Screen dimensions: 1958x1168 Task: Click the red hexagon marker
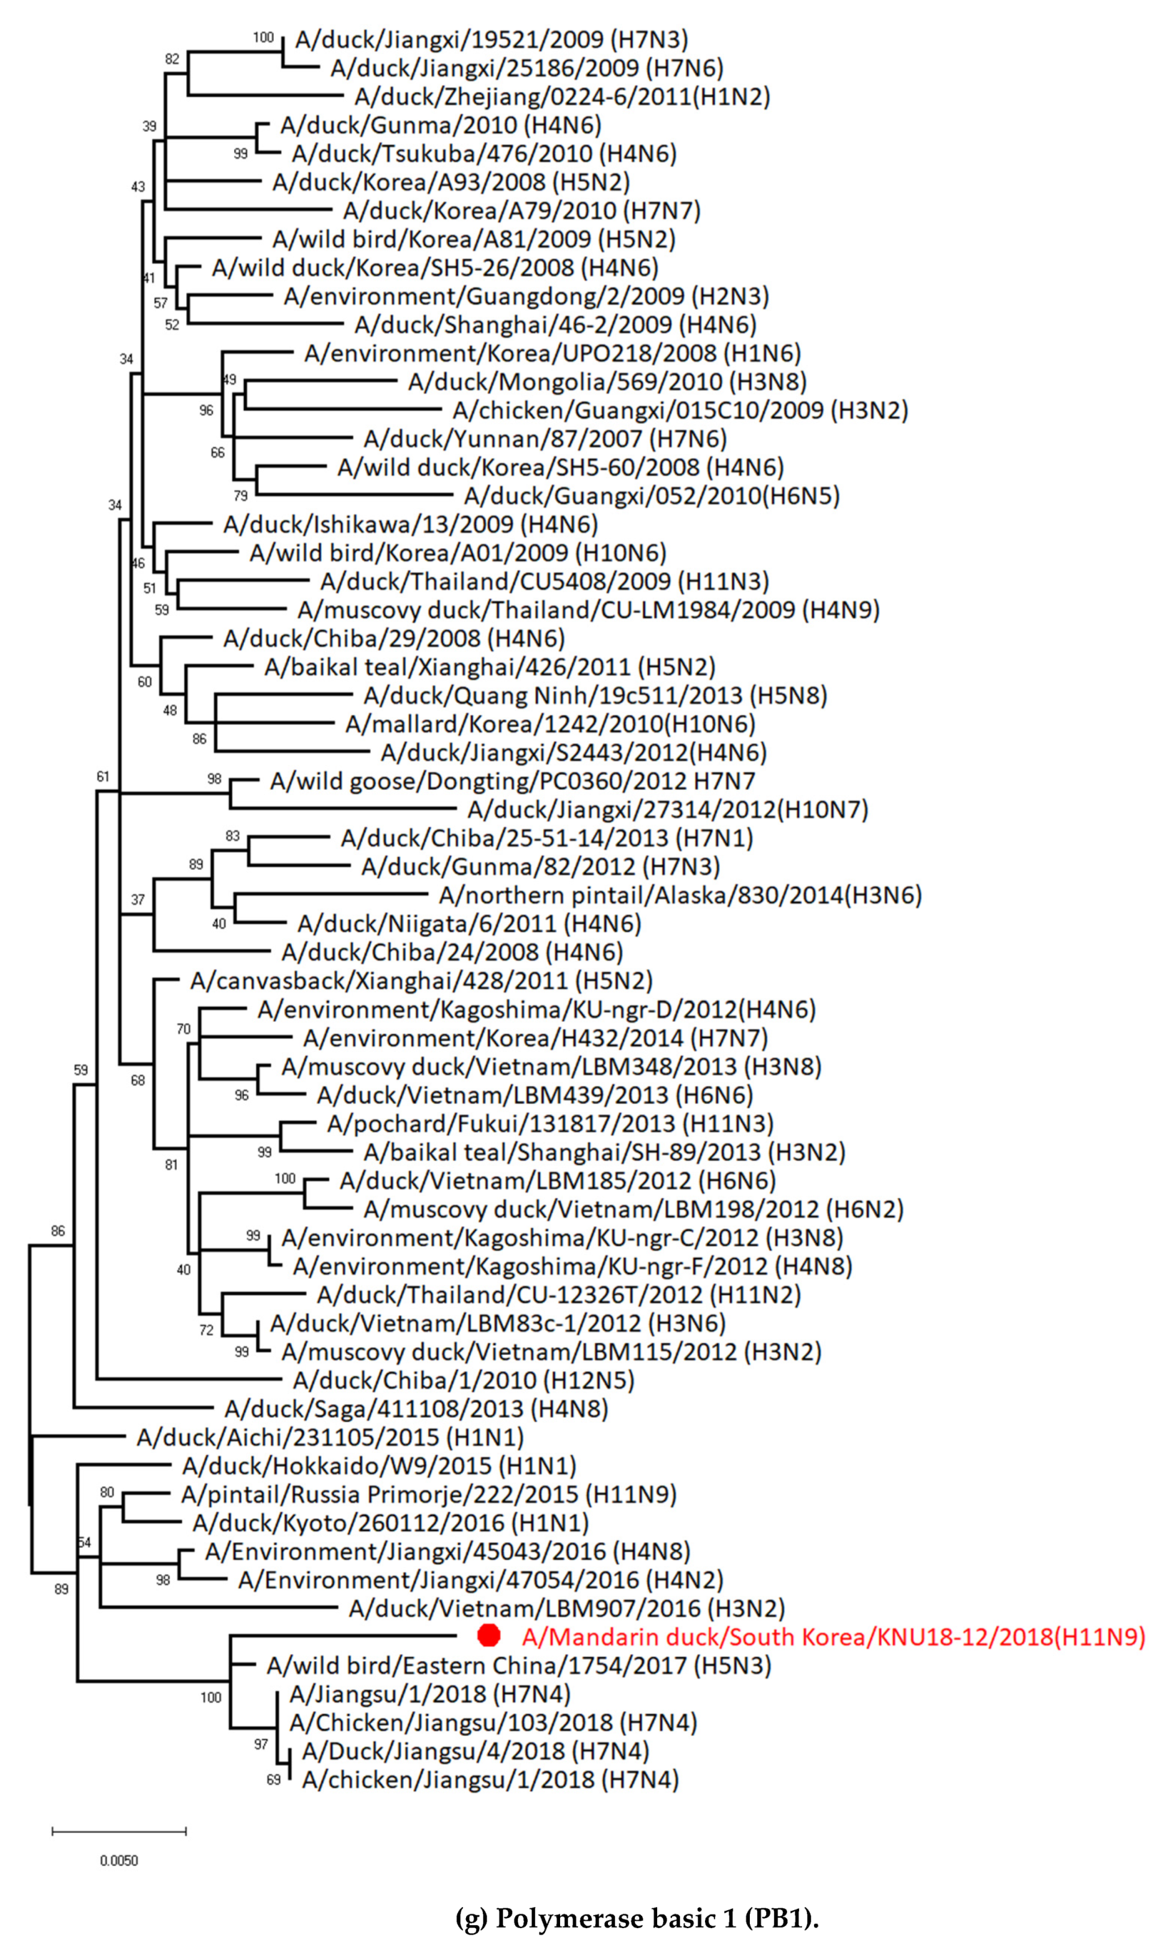[488, 1636]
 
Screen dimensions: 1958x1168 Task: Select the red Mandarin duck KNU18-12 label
[833, 1637]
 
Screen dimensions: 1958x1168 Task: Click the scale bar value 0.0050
[119, 1860]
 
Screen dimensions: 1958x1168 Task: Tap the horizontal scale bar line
[119, 1831]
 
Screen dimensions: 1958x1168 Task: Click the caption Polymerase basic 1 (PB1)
[638, 1919]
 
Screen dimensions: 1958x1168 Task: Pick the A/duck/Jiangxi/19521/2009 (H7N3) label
[491, 39]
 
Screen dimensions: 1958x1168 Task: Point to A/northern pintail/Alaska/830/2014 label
[680, 895]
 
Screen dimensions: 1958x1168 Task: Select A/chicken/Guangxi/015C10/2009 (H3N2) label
[680, 410]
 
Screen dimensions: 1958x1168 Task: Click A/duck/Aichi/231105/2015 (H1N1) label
[330, 1437]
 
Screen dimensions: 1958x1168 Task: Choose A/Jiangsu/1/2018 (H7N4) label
[430, 1693]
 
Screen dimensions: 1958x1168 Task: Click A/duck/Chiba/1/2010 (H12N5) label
[464, 1380]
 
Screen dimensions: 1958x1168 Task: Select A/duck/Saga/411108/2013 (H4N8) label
[416, 1408]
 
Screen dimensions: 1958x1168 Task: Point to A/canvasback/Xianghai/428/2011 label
[421, 981]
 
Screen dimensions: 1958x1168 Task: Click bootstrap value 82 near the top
[172, 59]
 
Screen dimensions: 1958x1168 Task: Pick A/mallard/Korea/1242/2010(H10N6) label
[550, 723]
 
